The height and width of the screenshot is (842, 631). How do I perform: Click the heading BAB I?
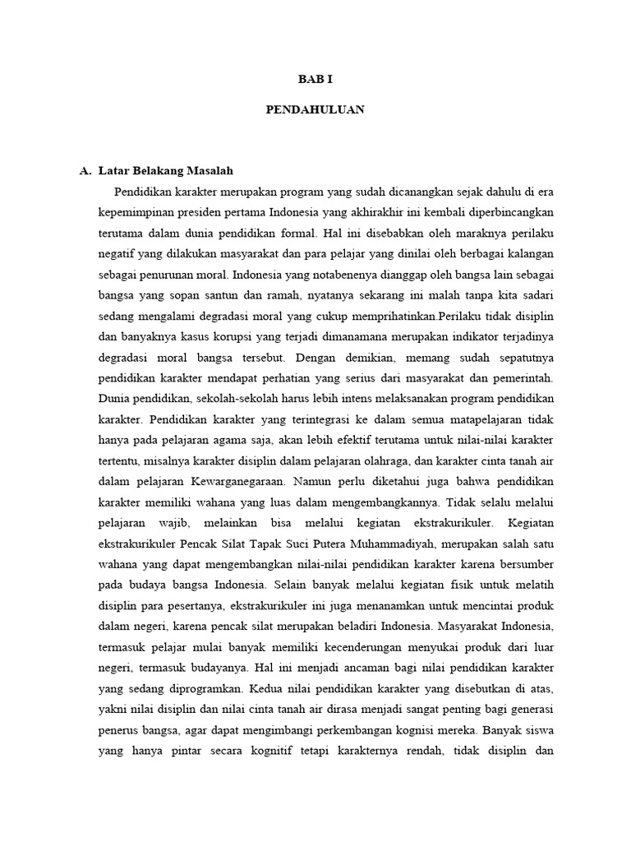pos(315,79)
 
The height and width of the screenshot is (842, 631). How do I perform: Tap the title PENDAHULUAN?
pos(315,109)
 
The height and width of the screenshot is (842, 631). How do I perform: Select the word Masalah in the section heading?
pos(209,171)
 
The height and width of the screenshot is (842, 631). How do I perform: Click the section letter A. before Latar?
pos(85,171)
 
